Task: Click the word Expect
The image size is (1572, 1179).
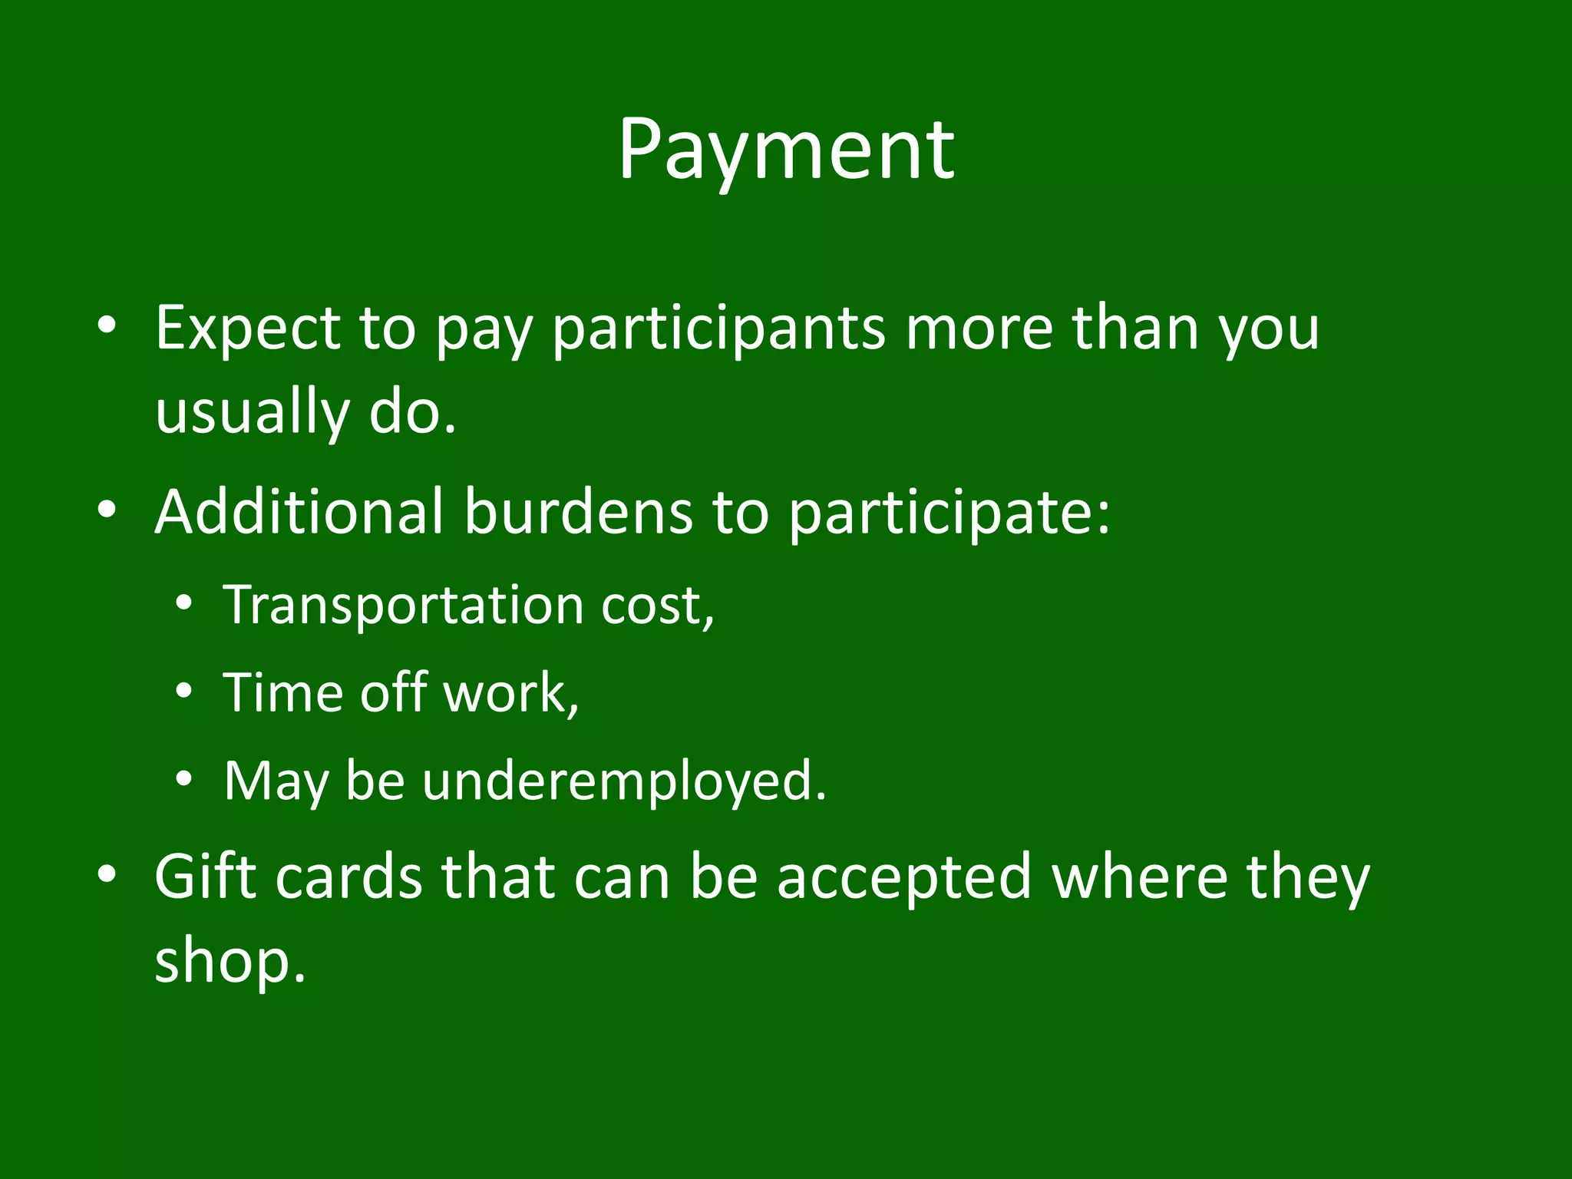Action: click(247, 329)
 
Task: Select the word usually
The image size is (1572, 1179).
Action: click(252, 413)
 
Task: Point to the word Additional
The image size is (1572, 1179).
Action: click(299, 511)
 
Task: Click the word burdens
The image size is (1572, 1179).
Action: click(579, 511)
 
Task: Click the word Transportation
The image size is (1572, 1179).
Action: click(404, 606)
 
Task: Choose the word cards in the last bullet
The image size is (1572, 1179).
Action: click(348, 877)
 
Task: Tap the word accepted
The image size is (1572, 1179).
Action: click(903, 878)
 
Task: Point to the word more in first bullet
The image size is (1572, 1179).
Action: click(979, 329)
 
